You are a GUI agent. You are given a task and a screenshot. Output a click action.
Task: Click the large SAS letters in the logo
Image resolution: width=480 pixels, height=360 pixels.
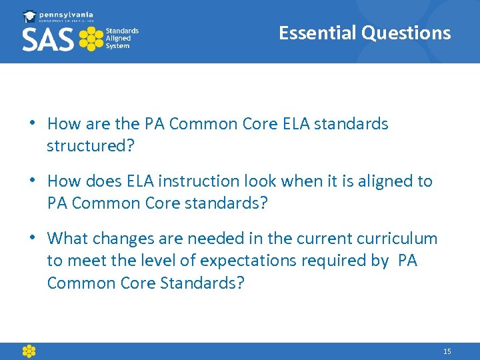(48, 39)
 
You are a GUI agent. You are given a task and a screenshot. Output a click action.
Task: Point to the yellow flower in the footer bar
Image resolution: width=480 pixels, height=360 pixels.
(29, 351)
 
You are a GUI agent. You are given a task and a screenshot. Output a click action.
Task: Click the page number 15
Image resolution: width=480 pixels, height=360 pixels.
(447, 351)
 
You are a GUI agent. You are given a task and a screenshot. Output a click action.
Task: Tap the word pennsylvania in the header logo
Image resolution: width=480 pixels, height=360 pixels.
(67, 14)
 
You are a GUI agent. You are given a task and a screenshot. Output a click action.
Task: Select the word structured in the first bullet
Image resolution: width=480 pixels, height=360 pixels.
(84, 146)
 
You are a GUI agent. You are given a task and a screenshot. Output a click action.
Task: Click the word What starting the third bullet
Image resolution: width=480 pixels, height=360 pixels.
(68, 239)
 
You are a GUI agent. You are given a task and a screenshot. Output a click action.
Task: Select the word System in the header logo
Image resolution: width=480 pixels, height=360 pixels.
(118, 46)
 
